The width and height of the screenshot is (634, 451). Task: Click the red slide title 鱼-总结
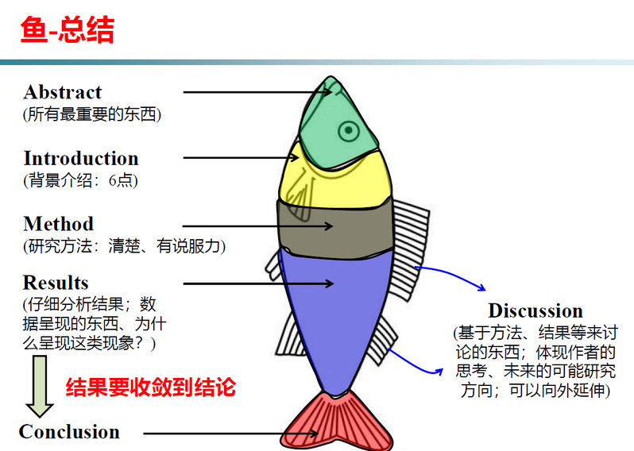[68, 29]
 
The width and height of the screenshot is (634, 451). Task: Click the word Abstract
[63, 92]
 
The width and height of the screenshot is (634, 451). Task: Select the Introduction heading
[81, 158]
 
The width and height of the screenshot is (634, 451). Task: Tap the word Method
[59, 223]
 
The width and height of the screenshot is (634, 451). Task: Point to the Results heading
[56, 283]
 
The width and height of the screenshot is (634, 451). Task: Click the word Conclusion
[69, 432]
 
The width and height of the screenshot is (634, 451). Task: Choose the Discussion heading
[535, 310]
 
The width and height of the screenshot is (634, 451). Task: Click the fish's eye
[349, 130]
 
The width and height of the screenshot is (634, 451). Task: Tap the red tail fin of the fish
[337, 422]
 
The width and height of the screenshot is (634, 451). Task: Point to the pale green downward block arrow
[40, 386]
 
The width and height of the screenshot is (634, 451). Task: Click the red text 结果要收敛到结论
[150, 387]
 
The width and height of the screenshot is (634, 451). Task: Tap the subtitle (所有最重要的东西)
[92, 114]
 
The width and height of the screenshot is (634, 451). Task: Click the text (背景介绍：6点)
[80, 180]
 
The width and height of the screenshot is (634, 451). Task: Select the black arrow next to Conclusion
[231, 434]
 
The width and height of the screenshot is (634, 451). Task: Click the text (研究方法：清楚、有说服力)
[124, 246]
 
